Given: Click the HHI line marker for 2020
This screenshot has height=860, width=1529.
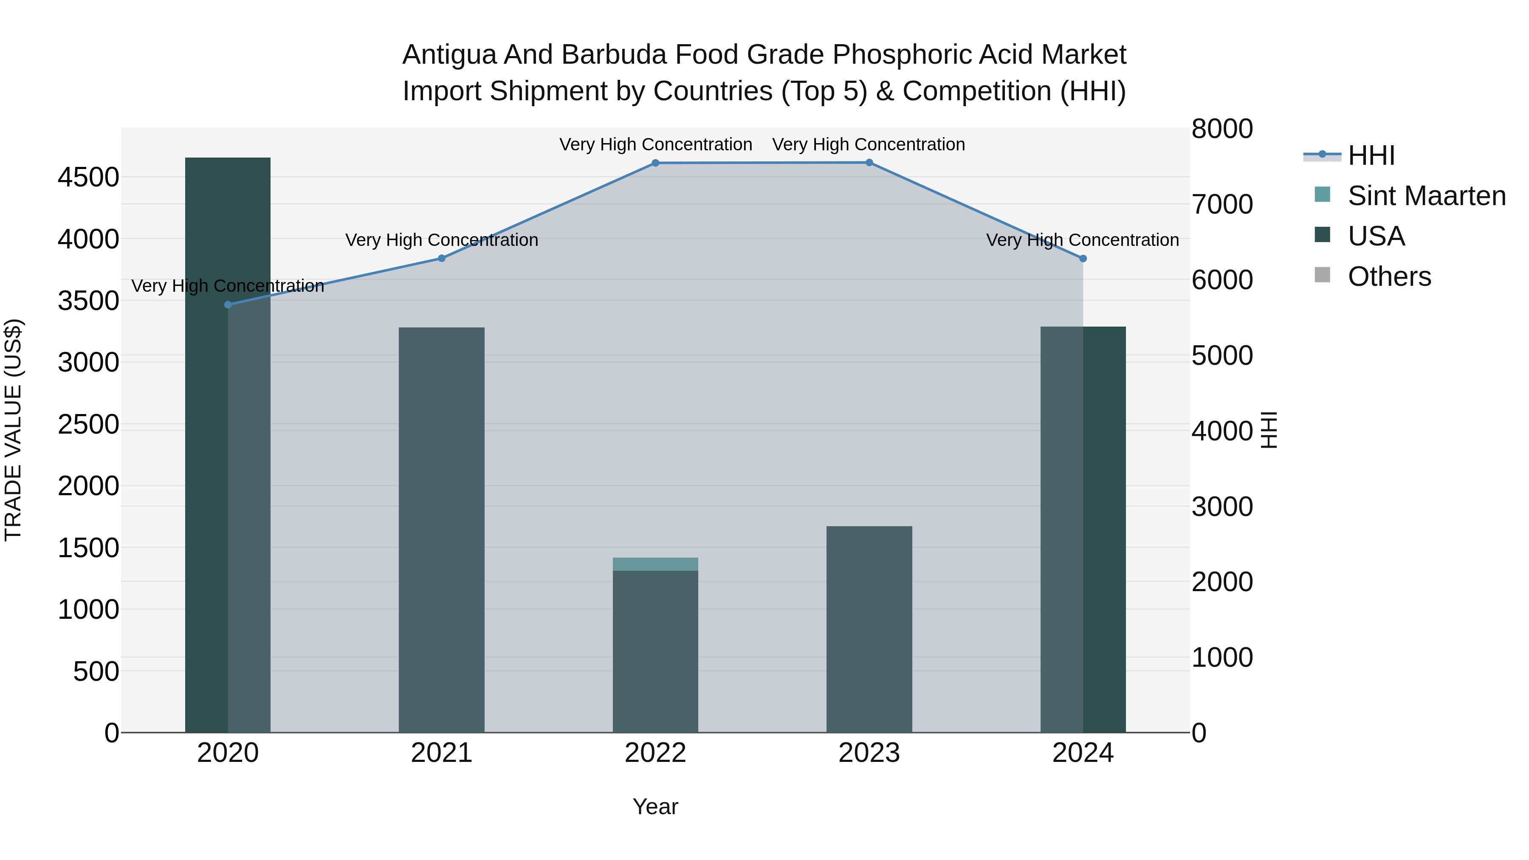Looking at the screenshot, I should point(228,305).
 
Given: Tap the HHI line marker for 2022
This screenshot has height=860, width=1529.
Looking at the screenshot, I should point(655,163).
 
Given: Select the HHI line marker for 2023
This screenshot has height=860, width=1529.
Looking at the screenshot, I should point(869,162).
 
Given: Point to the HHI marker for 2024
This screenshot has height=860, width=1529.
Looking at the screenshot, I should point(1083,259).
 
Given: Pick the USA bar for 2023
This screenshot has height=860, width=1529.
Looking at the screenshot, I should point(869,629).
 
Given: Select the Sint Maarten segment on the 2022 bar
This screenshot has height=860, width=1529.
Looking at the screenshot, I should point(655,564).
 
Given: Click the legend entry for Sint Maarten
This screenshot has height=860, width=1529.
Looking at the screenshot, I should point(1426,196).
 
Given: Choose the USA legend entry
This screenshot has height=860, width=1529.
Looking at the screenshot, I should point(1376,236).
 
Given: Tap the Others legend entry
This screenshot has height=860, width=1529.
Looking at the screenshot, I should point(1389,276).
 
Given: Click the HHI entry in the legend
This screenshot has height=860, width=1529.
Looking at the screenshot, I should point(1371,155).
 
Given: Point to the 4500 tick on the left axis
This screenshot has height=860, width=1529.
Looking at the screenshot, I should point(88,177).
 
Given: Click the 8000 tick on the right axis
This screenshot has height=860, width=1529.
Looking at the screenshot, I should point(1222,129).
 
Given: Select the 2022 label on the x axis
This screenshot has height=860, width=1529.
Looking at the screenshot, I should point(655,753).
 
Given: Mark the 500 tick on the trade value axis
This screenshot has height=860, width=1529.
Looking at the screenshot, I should point(96,671).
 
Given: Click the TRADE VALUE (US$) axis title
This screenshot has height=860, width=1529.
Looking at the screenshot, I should point(13,430).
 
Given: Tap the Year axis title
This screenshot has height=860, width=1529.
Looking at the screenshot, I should point(655,806).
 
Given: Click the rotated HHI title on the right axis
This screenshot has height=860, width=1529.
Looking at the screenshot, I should point(1268,430).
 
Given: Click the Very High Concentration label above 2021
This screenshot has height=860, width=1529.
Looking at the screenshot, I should point(442,240).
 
